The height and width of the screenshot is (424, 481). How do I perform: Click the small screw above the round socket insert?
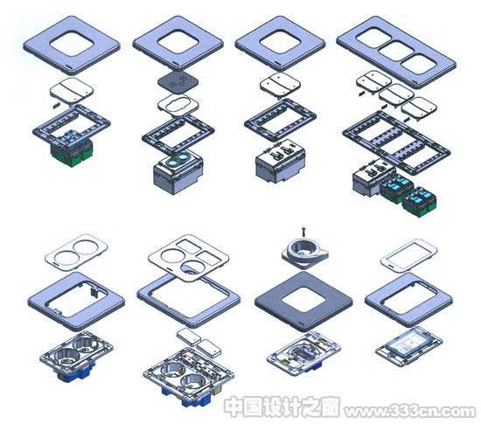tap(303, 232)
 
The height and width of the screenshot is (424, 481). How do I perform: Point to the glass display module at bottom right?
tap(409, 345)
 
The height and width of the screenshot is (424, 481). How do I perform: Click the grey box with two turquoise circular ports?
tap(178, 171)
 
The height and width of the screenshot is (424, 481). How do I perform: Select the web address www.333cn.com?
tap(410, 411)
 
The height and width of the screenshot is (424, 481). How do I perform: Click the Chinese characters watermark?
tap(282, 407)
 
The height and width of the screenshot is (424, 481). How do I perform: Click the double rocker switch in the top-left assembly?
tap(72, 90)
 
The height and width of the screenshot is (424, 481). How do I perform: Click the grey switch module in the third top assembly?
tap(281, 162)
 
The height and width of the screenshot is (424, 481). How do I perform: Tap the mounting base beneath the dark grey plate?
tap(303, 353)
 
